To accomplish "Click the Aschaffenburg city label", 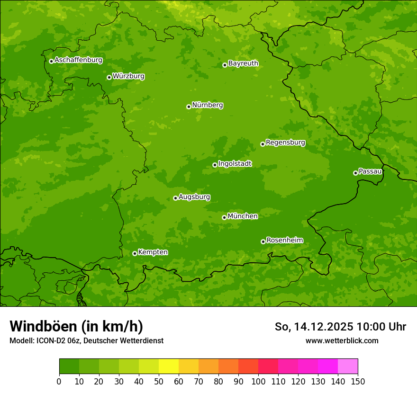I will pos(78,60).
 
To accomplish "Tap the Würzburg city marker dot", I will pos(109,77).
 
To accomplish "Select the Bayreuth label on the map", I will pos(243,63).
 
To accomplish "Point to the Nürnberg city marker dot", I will pos(189,107).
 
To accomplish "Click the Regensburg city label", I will pos(285,142).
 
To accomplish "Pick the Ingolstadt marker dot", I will pos(215,165).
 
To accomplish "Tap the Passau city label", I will pos(370,171).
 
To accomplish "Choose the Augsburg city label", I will pos(194,196).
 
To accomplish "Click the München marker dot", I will pos(224,217).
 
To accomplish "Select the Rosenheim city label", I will pos(284,240).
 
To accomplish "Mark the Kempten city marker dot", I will pos(135,253).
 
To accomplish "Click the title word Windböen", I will pos(43,326).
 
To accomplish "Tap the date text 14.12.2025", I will pos(324,327).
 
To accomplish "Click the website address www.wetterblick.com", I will pos(342,340).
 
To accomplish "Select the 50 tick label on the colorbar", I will pos(159,382).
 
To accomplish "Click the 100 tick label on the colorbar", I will pos(258,382).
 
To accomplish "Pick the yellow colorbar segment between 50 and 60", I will pos(169,366).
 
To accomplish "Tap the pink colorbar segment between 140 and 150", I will pos(348,366).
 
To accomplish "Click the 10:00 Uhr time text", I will pos(381,327).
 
